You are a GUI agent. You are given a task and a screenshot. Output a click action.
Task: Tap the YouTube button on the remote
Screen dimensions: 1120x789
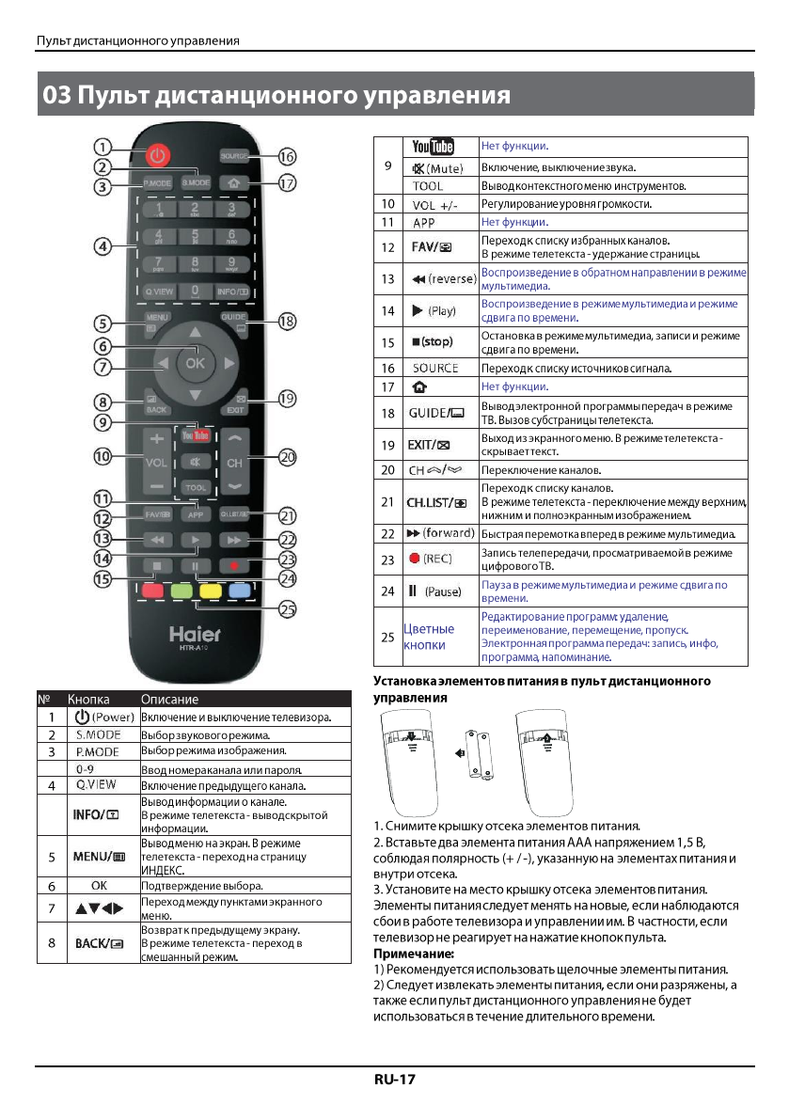click(196, 436)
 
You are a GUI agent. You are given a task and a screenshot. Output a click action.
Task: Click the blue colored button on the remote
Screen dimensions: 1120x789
click(240, 592)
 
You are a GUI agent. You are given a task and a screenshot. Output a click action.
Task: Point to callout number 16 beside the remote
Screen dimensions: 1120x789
click(287, 157)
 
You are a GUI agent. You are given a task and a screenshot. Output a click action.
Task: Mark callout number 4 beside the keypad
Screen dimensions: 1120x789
click(103, 246)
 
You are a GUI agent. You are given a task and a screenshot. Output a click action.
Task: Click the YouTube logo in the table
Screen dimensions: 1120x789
click(433, 147)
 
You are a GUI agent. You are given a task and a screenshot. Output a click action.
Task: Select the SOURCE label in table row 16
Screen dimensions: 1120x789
click(434, 368)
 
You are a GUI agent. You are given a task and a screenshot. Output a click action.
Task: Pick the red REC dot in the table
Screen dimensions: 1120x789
click(414, 559)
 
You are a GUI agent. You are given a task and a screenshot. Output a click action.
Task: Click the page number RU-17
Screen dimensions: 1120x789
click(394, 1080)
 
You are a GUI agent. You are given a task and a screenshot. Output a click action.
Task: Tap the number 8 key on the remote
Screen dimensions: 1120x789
click(195, 263)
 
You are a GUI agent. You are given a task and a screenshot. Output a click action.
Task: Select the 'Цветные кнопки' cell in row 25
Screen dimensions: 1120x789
click(429, 637)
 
